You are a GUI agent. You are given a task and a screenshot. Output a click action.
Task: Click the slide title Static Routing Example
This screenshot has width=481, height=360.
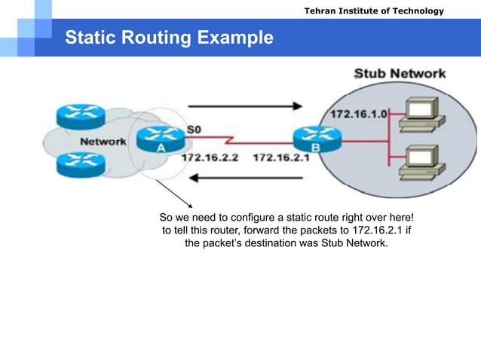pyautogui.click(x=169, y=37)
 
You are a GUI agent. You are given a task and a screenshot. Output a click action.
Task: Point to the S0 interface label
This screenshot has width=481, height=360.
pyautogui.click(x=194, y=130)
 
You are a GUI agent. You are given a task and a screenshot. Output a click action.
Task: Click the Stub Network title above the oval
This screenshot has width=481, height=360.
pyautogui.click(x=400, y=74)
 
